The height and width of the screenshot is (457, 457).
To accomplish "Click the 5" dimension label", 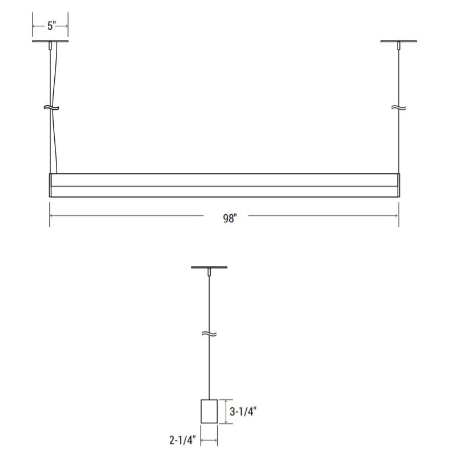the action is coord(51,26).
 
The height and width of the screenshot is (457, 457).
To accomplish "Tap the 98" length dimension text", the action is coord(230,218).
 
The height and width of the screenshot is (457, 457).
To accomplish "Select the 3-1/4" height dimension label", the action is coord(243,411).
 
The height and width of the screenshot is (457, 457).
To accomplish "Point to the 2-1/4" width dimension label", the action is coord(183,440).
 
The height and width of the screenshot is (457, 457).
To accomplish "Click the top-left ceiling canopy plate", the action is coord(50,41).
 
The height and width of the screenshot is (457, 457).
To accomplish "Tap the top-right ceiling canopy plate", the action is coord(398,41).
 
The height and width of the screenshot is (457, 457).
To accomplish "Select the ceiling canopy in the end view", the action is coord(209,267).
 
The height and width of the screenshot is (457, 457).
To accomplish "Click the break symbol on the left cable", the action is coord(51,108).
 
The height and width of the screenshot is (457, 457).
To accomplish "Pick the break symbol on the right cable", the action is coord(398,108).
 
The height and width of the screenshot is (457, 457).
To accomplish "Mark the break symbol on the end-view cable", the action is coord(209,334).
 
